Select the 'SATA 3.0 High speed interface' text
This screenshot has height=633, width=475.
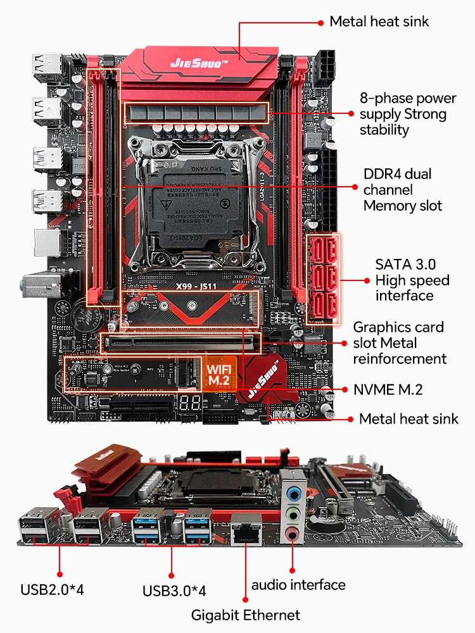[x=412, y=280]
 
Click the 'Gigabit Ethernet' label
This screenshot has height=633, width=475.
[x=246, y=615]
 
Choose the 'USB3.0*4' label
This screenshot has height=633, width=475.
[x=174, y=591]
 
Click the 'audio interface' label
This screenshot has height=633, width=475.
[x=298, y=584]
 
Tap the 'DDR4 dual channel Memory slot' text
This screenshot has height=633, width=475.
[x=403, y=189]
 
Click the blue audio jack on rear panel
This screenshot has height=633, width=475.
[x=293, y=491]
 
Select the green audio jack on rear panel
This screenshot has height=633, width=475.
[x=292, y=513]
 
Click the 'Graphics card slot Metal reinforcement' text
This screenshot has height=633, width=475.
[x=398, y=343]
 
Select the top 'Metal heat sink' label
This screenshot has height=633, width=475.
[x=379, y=22]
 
